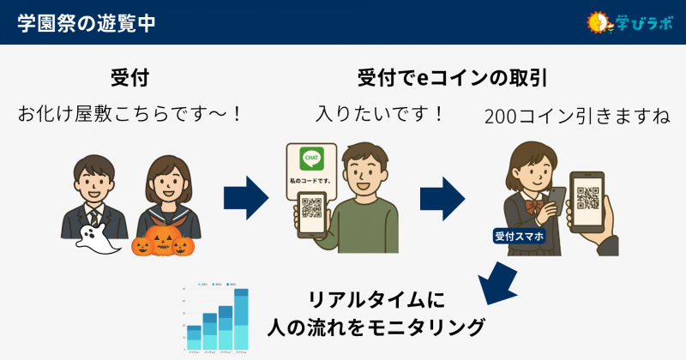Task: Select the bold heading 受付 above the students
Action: click(x=130, y=78)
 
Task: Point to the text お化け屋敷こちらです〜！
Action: click(x=130, y=114)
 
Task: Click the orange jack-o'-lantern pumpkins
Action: click(x=163, y=242)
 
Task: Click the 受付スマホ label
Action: click(x=520, y=235)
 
